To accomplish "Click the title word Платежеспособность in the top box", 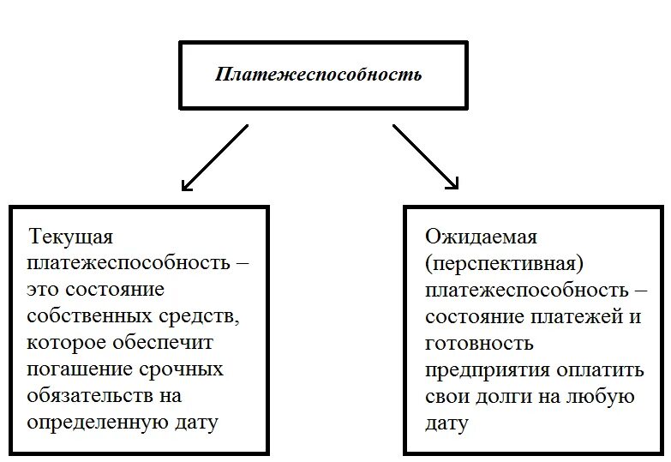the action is point(318,74).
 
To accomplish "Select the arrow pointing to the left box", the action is point(214,158).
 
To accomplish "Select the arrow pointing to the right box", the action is point(426,158).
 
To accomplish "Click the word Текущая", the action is point(71,236).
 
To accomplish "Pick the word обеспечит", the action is point(164,343).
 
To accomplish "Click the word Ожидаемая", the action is point(481,236).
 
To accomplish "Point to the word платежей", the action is point(575,316).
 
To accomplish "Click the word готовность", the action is point(479,343).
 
